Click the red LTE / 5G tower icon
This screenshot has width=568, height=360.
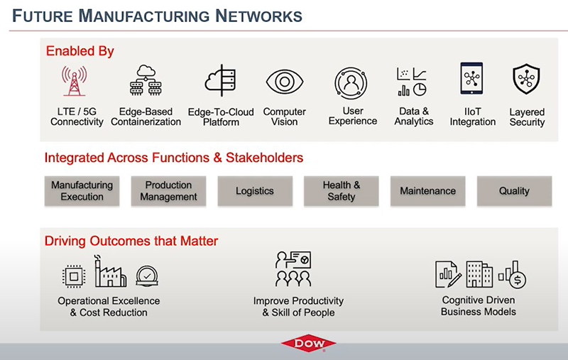(x=75, y=80)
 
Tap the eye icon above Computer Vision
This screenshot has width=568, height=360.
(x=285, y=82)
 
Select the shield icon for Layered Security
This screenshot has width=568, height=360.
(x=526, y=79)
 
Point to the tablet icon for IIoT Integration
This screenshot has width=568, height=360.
(x=471, y=78)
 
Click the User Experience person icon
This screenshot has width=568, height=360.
(x=351, y=83)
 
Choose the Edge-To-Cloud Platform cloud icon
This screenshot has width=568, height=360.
(x=221, y=80)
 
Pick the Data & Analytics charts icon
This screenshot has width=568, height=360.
(x=412, y=82)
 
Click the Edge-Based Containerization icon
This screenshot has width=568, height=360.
(x=146, y=80)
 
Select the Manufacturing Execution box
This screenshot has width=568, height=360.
(x=82, y=191)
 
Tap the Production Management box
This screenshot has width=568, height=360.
(x=168, y=191)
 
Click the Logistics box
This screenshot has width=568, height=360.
(x=255, y=191)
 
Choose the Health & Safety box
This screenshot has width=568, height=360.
(x=342, y=191)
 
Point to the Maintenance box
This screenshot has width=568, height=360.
(x=428, y=191)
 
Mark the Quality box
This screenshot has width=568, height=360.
(x=514, y=191)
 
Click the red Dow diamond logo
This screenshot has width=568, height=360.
(x=309, y=343)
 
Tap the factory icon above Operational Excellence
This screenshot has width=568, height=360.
(x=111, y=272)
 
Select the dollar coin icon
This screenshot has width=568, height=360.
(x=518, y=280)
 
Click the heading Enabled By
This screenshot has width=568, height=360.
(x=80, y=51)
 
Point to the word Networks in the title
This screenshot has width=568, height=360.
(x=258, y=16)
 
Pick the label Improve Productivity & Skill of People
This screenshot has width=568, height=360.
(x=298, y=307)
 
